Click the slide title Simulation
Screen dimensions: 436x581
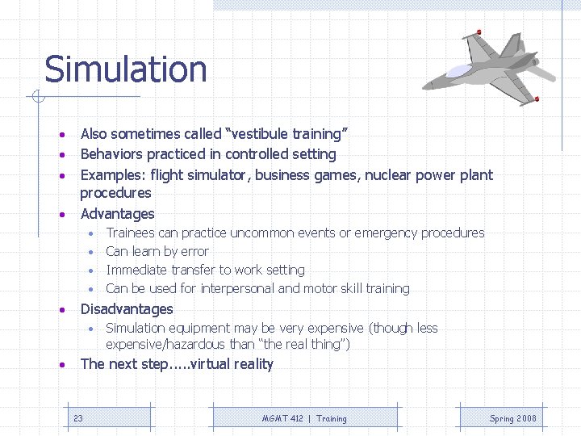pos(125,69)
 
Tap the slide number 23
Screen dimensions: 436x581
pos(78,418)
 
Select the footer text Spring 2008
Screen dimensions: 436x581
pos(512,418)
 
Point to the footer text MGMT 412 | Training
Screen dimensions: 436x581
pos(304,418)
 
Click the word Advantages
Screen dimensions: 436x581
pos(117,214)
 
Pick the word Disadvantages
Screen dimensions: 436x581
pos(127,309)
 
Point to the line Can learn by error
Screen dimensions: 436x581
pos(157,252)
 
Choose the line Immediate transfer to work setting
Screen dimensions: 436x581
pos(205,270)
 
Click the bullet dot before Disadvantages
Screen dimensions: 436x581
pos(62,310)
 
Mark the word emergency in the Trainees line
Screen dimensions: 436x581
pos(386,233)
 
